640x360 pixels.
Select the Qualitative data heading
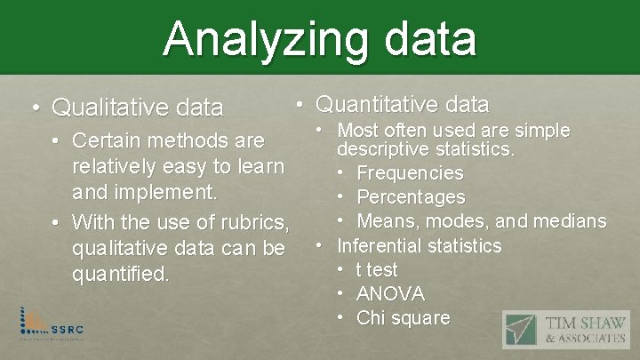pos(137,108)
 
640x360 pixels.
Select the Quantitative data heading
pos(402,104)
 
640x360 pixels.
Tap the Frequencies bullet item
pos(410,172)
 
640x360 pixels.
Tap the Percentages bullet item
pos(411,196)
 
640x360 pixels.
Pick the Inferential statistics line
pos(420,245)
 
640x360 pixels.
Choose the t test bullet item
pos(377,269)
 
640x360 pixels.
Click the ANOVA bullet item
pos(390,293)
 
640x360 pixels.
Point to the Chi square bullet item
pos(403,317)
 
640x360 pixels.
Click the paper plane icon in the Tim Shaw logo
pos(521,331)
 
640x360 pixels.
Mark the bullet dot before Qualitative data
pos(35,108)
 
